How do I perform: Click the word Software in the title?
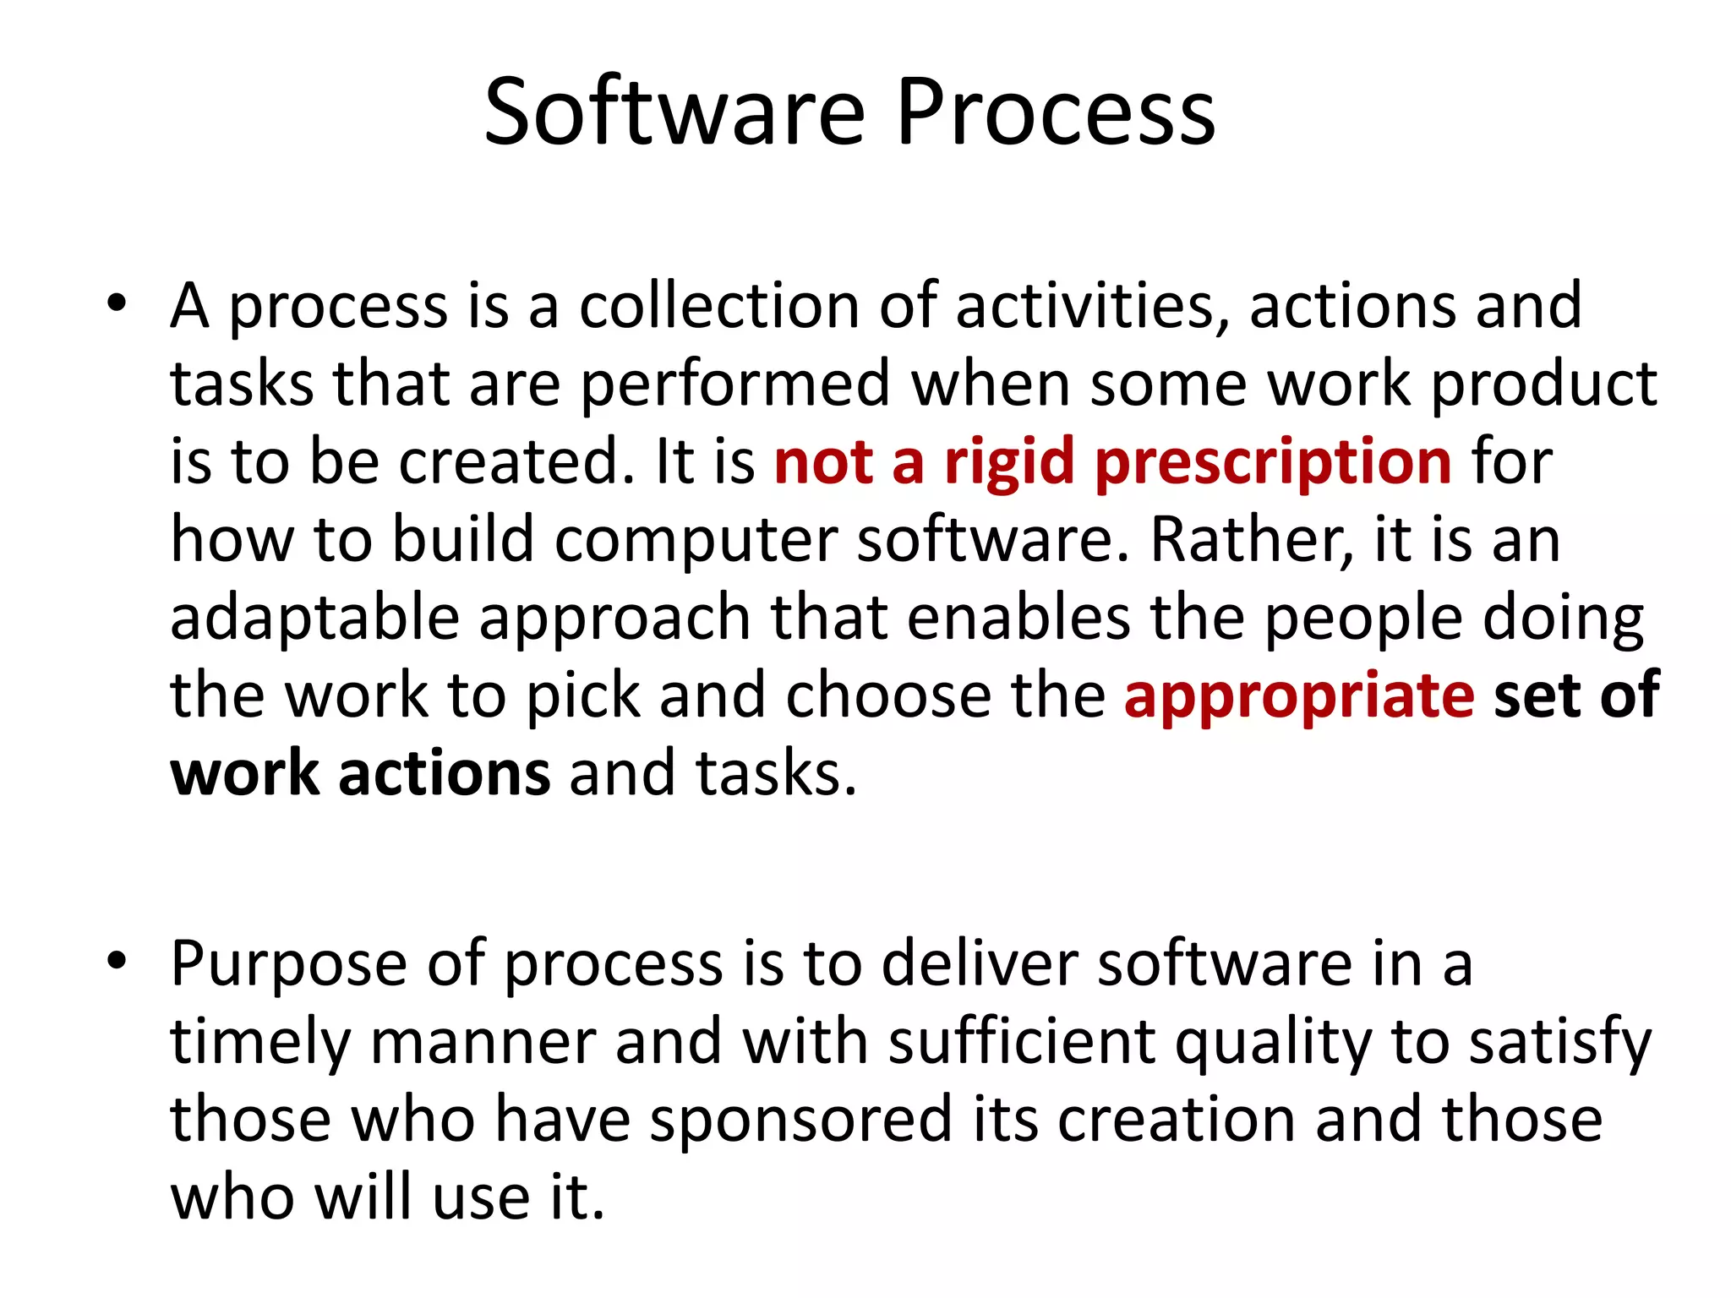point(674,112)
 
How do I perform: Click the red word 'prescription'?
point(1273,463)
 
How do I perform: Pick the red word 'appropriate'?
point(1299,695)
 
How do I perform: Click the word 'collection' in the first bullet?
point(718,306)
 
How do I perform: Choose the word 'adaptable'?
point(314,619)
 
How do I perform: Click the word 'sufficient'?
point(1022,1041)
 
